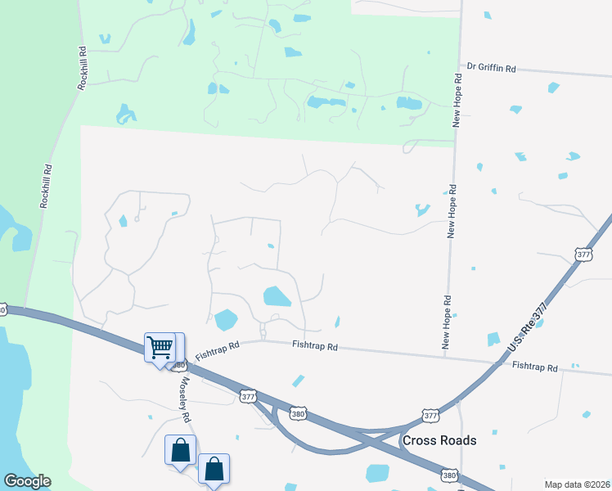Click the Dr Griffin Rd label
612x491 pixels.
point(491,69)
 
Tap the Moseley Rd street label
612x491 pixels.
point(185,399)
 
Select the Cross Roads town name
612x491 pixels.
point(439,440)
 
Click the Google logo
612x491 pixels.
point(27,481)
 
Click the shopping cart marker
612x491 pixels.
point(160,348)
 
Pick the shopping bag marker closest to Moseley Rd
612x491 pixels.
point(180,449)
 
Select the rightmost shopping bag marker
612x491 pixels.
point(214,469)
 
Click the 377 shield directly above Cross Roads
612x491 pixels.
point(431,416)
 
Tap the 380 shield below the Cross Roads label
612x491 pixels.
point(449,475)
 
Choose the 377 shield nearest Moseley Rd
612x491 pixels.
point(249,396)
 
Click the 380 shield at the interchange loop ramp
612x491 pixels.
point(299,414)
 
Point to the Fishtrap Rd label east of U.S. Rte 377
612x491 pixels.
point(534,367)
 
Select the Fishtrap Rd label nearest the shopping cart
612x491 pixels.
point(217,346)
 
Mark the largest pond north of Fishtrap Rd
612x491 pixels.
point(277,296)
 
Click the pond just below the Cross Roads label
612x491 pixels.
point(378,473)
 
